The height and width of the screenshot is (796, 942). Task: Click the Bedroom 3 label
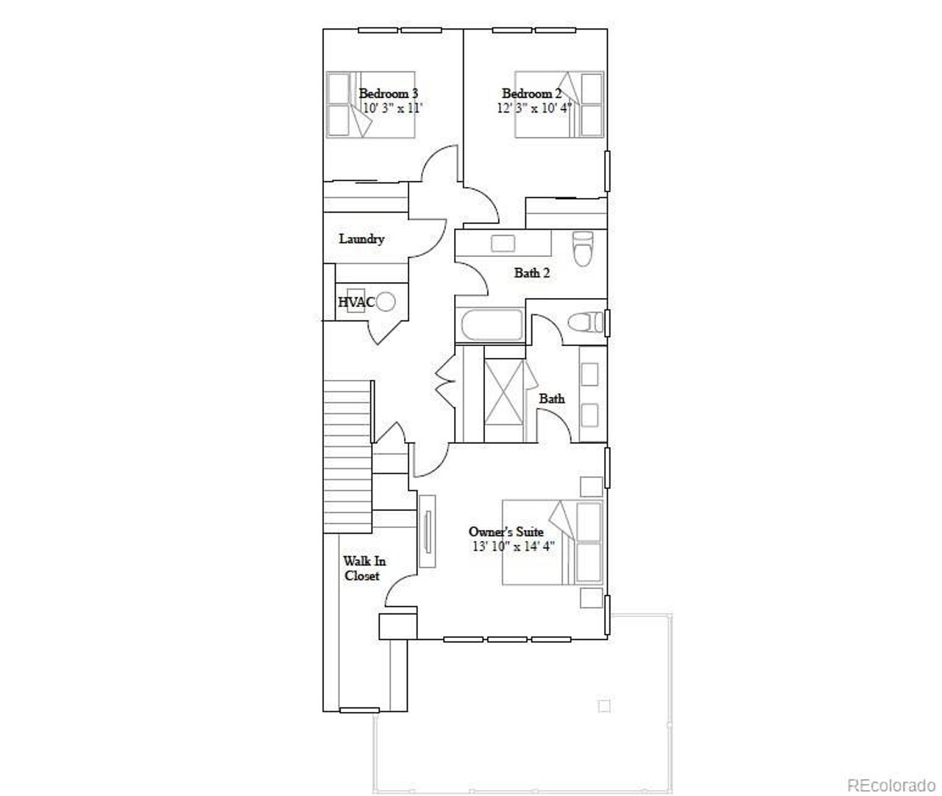[388, 94]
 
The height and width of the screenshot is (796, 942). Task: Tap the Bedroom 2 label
[531, 94]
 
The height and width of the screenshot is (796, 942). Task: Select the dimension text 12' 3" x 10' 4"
[534, 108]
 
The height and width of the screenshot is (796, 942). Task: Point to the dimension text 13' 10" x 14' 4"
[513, 546]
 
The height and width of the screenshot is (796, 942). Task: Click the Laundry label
[361, 239]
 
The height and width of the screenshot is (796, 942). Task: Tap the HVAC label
[356, 302]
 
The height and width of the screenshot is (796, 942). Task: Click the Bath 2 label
[531, 272]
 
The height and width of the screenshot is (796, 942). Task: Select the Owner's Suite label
[506, 532]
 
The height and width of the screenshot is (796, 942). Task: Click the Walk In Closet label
[364, 568]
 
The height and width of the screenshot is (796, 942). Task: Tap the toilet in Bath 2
[583, 248]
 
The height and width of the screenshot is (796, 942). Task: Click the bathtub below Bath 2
[490, 325]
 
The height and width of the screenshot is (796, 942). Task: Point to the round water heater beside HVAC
[386, 301]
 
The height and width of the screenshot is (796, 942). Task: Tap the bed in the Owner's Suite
[553, 543]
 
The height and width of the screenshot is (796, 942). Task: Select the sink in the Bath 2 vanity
[503, 244]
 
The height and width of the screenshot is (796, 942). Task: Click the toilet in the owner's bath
[586, 323]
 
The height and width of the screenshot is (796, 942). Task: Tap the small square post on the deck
[604, 706]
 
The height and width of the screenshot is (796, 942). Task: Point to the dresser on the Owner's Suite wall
[427, 531]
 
